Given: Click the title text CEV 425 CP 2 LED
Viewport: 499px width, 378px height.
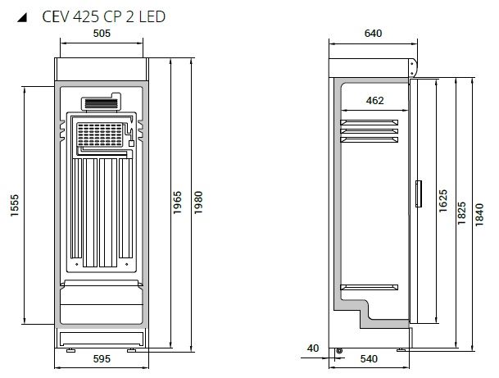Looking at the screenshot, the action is point(104,16).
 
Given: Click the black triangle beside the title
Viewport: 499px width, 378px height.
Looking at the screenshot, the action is point(22,17).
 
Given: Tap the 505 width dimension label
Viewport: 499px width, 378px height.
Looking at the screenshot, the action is point(102,33).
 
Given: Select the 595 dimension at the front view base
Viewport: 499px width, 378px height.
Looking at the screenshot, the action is point(102,359).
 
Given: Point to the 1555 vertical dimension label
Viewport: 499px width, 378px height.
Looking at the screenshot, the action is point(15,206).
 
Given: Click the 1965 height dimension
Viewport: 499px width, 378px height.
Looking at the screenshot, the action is point(177,203).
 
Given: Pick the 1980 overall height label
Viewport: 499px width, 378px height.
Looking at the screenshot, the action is point(198,203).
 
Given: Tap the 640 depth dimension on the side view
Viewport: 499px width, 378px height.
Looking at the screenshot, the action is point(373,33).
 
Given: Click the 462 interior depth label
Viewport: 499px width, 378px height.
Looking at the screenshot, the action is point(375,101).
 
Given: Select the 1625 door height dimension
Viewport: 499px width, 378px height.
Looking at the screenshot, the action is point(443,201).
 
